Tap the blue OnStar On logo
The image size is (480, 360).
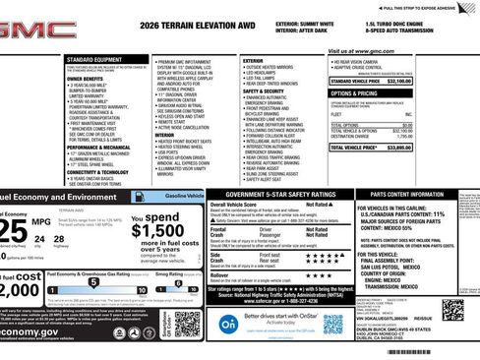(x=228, y=322)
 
